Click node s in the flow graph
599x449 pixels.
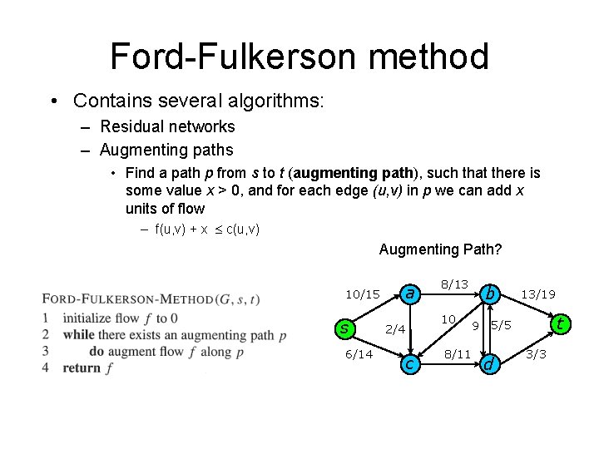pos(344,328)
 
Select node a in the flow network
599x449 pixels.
pos(408,293)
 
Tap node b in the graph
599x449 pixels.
pos(492,293)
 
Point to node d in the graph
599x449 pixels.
pos(490,363)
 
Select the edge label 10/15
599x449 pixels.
pos(363,294)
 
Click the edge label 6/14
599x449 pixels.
pos(359,353)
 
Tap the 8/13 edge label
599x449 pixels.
pos(455,284)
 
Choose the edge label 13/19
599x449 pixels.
pos(538,294)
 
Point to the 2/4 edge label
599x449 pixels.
pos(395,329)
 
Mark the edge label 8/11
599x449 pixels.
pos(457,354)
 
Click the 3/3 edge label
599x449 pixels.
pos(536,354)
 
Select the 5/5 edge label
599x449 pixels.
pos(501,325)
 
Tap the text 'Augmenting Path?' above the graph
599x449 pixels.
pos(440,249)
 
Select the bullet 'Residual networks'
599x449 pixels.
pos(167,127)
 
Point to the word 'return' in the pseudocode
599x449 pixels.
pos(81,368)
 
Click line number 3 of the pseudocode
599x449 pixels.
pos(47,351)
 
